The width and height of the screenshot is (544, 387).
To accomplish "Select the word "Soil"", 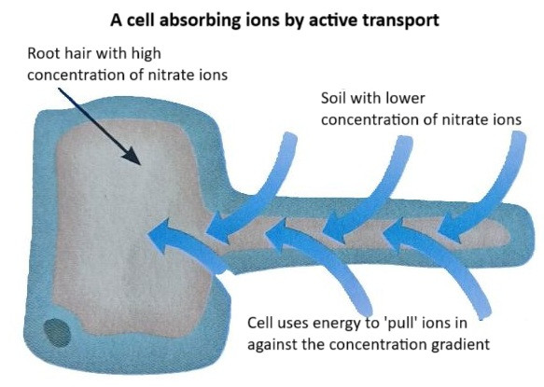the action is click(333, 98).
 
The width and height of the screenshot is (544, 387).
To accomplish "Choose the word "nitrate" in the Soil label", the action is click(464, 120).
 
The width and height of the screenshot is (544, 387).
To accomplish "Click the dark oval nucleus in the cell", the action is click(57, 333).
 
